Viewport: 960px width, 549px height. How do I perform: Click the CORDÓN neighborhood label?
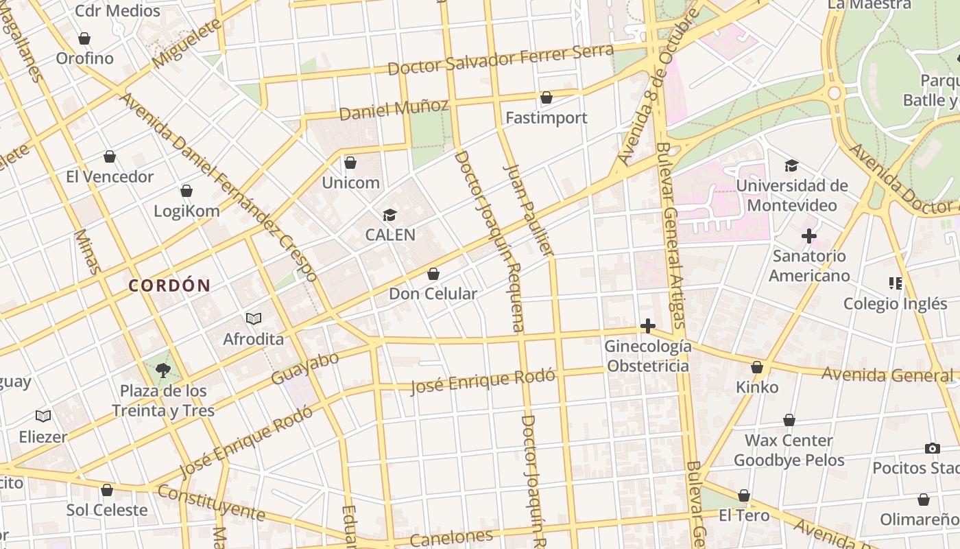click(x=169, y=286)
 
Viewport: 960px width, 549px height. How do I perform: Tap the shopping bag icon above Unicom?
click(x=350, y=163)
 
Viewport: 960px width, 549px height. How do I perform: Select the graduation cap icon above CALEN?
click(x=389, y=215)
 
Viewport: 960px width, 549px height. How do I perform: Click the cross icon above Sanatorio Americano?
click(x=808, y=237)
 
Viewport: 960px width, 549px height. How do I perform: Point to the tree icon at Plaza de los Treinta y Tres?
click(x=163, y=371)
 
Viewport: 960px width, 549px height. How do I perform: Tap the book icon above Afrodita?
click(x=254, y=318)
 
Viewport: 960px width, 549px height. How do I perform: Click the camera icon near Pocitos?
click(x=932, y=448)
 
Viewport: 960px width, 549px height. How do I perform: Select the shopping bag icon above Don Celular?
click(x=433, y=274)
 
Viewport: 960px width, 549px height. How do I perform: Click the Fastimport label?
click(x=546, y=118)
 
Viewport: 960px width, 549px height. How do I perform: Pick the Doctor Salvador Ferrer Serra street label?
click(x=501, y=60)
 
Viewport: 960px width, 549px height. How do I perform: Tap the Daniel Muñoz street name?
click(x=394, y=109)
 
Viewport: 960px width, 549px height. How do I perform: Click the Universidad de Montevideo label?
click(x=791, y=196)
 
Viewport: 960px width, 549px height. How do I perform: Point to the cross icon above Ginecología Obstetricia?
click(x=647, y=326)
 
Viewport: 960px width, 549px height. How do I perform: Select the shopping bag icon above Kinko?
click(x=757, y=367)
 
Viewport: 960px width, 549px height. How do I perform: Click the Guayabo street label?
click(x=305, y=369)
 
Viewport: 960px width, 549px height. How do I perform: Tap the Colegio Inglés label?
click(x=895, y=304)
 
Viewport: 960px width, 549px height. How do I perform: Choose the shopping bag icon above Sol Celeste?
click(x=107, y=490)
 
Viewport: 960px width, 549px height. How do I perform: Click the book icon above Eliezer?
click(x=43, y=416)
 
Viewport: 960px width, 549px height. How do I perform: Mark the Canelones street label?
click(x=451, y=537)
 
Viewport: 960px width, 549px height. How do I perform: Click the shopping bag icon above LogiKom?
click(x=187, y=191)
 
